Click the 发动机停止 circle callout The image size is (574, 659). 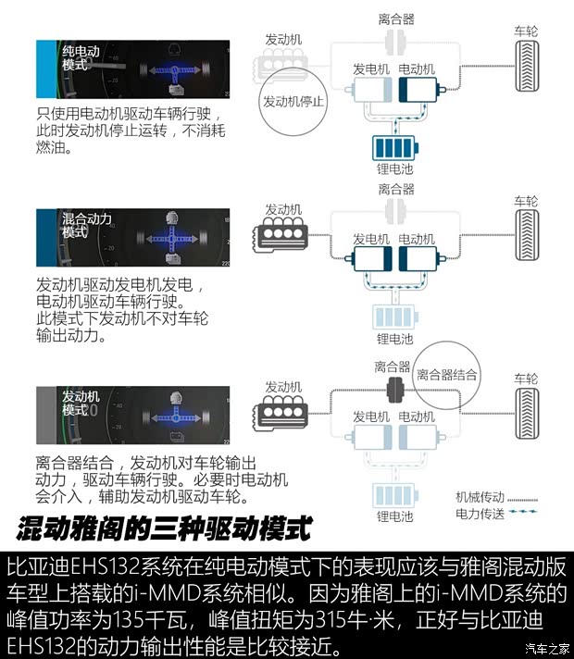pyautogui.click(x=293, y=102)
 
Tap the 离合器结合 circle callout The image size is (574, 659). pyautogui.click(x=447, y=375)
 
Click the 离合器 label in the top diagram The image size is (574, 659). pyautogui.click(x=395, y=18)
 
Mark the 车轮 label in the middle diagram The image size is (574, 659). pyautogui.click(x=525, y=201)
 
